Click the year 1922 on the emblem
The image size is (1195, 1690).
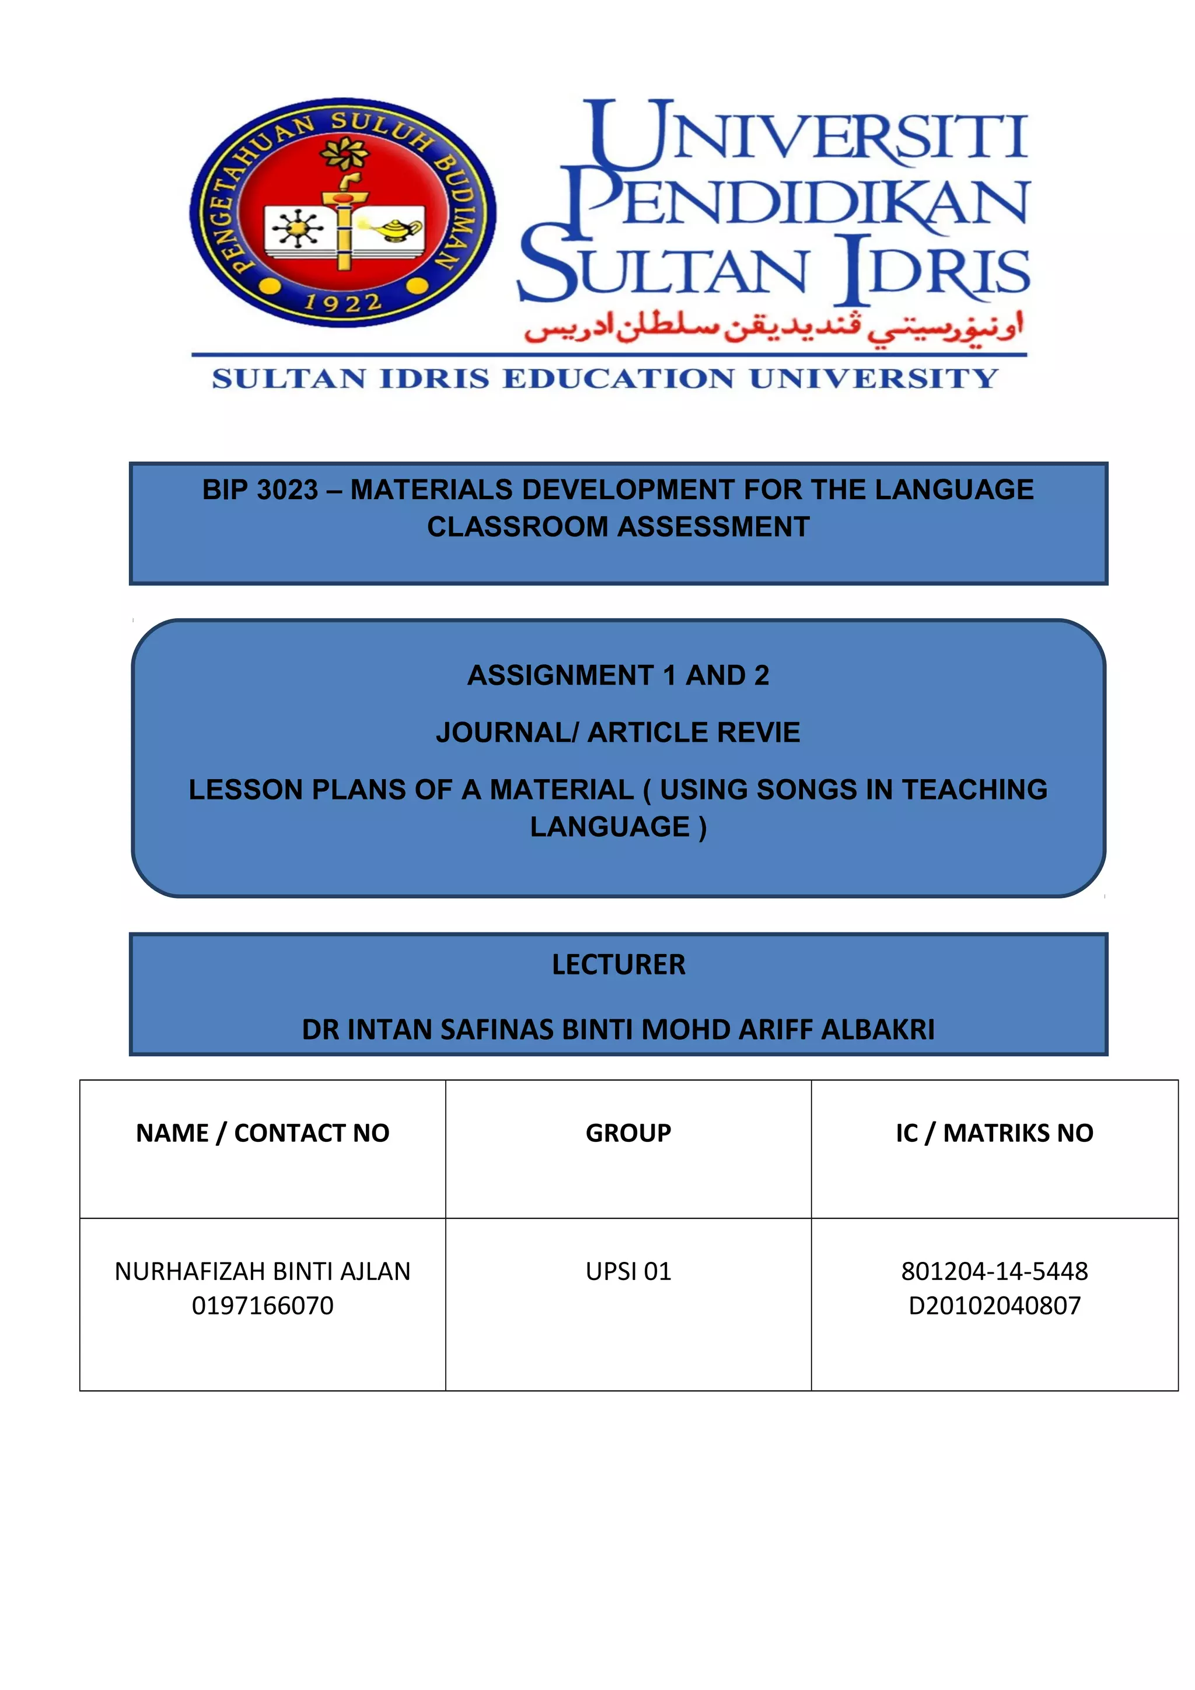click(x=343, y=303)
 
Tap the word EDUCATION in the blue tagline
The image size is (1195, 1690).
click(x=619, y=378)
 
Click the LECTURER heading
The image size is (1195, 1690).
click(x=619, y=964)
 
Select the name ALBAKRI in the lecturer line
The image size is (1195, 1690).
click(x=878, y=1029)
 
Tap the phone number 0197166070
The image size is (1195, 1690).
click(x=262, y=1306)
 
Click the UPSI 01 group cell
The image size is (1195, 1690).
click(x=628, y=1271)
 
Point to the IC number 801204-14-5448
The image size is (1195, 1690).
click(x=994, y=1271)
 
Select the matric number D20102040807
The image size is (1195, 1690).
click(x=994, y=1306)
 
